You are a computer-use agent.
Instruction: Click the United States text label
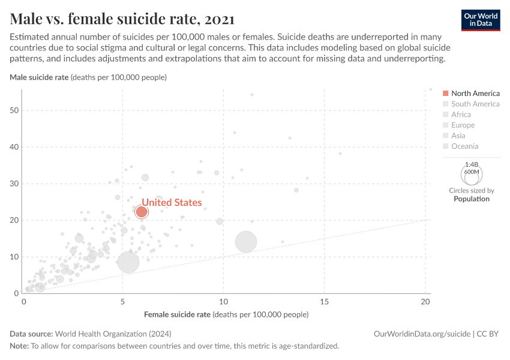pyautogui.click(x=172, y=203)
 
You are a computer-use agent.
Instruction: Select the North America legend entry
pyautogui.click(x=475, y=93)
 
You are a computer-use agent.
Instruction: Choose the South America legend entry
pyautogui.click(x=475, y=104)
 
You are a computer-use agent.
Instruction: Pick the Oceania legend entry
pyautogui.click(x=464, y=146)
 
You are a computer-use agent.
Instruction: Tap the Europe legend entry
pyautogui.click(x=463, y=125)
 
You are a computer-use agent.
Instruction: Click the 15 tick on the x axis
pyautogui.click(x=324, y=301)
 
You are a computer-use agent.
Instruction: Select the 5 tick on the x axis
pyautogui.click(x=122, y=301)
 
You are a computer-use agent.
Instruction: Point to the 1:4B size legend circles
pyautogui.click(x=472, y=175)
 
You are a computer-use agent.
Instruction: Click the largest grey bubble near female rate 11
pyautogui.click(x=246, y=242)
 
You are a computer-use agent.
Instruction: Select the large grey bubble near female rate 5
pyautogui.click(x=128, y=262)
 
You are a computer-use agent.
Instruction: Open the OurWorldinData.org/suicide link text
pyautogui.click(x=421, y=334)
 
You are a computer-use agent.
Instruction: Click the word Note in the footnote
pyautogui.click(x=19, y=346)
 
